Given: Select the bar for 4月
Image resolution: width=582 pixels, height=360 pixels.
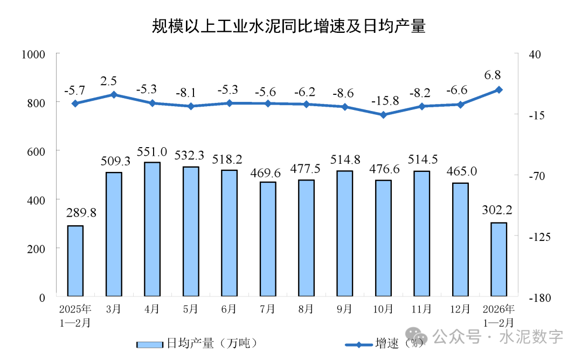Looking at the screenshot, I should pyautogui.click(x=153, y=229).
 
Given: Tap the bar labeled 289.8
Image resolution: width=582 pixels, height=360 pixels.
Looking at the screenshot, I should pyautogui.click(x=75, y=261).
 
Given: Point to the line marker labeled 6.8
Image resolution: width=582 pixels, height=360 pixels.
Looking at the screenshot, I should pyautogui.click(x=499, y=89).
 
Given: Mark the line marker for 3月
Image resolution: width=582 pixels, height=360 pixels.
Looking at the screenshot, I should pyautogui.click(x=114, y=95).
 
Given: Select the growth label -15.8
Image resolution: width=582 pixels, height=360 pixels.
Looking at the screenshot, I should pyautogui.click(x=384, y=101).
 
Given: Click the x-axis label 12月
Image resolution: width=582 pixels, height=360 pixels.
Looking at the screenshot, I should pyautogui.click(x=461, y=309).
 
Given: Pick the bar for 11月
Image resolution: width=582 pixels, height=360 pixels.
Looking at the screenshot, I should pyautogui.click(x=422, y=233).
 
